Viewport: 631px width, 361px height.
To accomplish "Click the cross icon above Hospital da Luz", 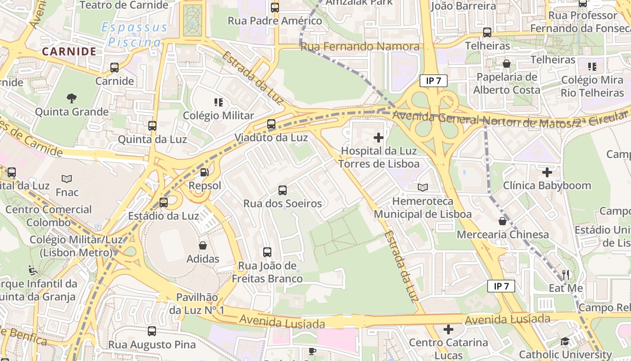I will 379,138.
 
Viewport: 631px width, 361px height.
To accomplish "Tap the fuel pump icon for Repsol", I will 205,172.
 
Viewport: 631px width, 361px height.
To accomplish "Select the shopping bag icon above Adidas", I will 203,245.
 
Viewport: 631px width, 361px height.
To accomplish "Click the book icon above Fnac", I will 67,179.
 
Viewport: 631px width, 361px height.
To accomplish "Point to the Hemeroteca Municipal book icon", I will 422,187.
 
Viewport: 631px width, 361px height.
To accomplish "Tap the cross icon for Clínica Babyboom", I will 547,172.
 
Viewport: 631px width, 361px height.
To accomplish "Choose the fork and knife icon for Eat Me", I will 566,274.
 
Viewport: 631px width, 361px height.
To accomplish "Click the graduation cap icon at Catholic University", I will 565,342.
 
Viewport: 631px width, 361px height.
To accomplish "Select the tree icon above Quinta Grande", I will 71,98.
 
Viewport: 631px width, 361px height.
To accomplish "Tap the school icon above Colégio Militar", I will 219,102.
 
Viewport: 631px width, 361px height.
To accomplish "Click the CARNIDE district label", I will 69,51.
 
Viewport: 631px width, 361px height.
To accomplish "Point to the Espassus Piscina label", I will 134,35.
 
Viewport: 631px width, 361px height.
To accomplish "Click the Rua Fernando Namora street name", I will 360,46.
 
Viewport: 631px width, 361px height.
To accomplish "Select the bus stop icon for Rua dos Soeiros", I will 283,190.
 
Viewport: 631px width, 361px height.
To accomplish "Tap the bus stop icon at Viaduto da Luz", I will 271,124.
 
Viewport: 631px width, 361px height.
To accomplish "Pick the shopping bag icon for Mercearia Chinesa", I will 503,221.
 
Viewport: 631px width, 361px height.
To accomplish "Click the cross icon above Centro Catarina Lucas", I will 448,329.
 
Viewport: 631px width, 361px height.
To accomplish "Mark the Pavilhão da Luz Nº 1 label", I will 197,304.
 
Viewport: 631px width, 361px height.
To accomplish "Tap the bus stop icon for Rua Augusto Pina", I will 152,331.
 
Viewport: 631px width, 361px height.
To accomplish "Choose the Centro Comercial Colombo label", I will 49,216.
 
